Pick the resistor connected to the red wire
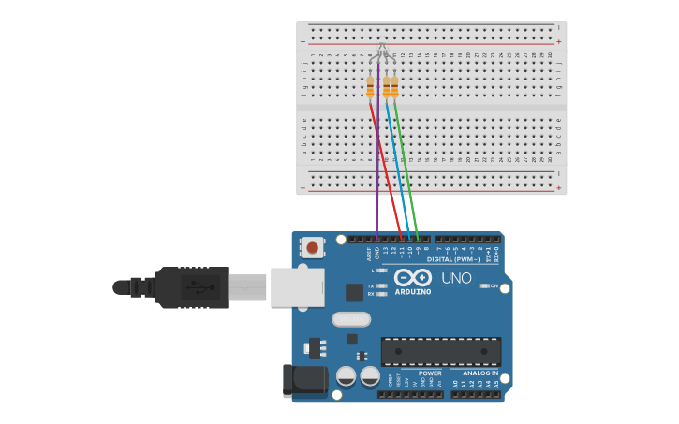(x=370, y=87)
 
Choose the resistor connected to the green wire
(x=394, y=87)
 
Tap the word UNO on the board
(x=456, y=278)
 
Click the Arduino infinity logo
(x=412, y=278)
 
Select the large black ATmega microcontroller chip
(x=440, y=351)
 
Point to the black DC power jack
(x=303, y=379)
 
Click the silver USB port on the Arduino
(x=297, y=287)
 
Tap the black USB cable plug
(x=192, y=287)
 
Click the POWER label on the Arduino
(x=430, y=373)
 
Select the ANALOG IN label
(x=480, y=373)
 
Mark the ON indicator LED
(x=484, y=285)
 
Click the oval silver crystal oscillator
(x=351, y=319)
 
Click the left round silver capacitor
(x=346, y=376)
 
